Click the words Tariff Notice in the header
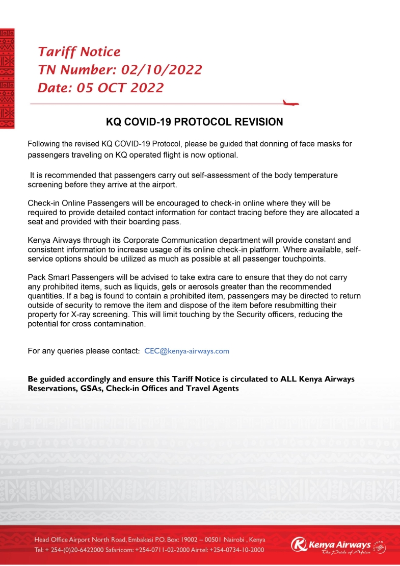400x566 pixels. (x=79, y=52)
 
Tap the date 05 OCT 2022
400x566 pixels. (x=120, y=88)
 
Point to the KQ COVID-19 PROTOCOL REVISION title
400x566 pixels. (x=194, y=122)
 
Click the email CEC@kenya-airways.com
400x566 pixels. (x=187, y=351)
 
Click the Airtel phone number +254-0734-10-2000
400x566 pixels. (x=238, y=550)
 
